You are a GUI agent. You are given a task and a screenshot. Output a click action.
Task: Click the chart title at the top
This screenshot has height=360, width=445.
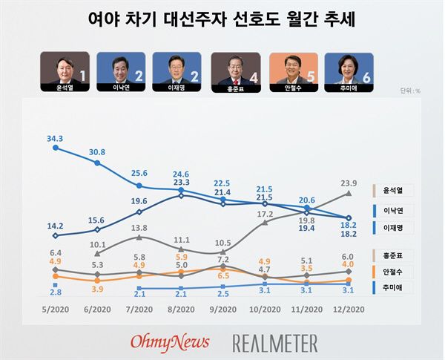(x=222, y=19)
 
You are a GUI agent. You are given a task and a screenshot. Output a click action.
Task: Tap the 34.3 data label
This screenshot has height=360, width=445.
(x=55, y=139)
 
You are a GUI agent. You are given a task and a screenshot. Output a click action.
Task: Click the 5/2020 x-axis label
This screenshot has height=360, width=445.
(x=55, y=309)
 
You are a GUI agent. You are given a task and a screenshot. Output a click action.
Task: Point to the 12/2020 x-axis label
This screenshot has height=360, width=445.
(x=349, y=309)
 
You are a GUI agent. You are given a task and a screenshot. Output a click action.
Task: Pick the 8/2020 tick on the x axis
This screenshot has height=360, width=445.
(x=181, y=309)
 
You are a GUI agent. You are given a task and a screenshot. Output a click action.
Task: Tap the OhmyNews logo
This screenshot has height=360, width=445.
(x=170, y=341)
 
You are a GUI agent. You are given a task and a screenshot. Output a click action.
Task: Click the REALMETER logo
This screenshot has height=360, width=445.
(x=275, y=342)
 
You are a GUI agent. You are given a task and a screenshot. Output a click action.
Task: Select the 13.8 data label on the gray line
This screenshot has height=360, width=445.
(x=139, y=227)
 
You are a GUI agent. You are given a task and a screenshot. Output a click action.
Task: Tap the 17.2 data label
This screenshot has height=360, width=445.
(x=265, y=214)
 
